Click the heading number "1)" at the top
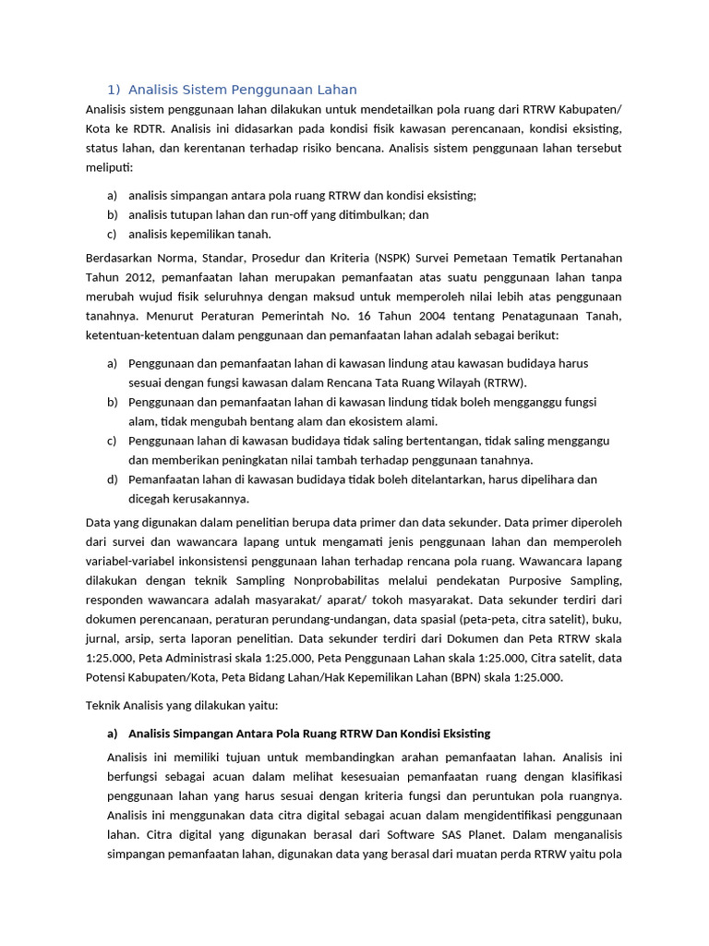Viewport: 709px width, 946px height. pos(114,90)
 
